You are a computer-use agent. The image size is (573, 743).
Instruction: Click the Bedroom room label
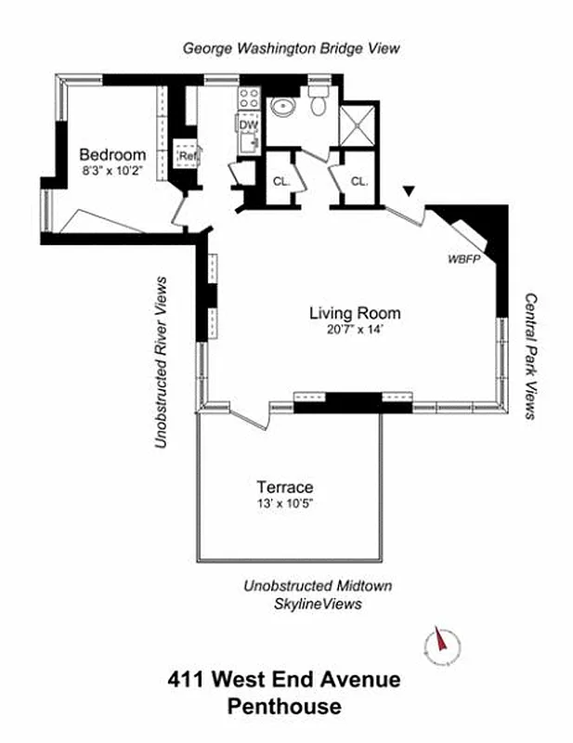(112, 154)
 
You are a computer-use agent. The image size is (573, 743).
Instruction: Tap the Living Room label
(355, 313)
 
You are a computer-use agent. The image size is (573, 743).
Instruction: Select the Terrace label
(284, 487)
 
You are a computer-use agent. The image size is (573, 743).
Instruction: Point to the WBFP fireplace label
(462, 259)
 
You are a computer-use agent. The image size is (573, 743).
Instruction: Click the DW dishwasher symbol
(248, 125)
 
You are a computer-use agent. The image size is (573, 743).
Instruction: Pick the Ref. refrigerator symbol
(189, 155)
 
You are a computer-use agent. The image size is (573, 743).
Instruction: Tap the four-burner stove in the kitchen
(248, 99)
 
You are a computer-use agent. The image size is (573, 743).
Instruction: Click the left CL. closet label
(281, 181)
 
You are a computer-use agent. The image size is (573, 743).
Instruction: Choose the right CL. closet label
(358, 181)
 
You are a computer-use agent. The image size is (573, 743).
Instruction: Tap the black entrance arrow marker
(407, 191)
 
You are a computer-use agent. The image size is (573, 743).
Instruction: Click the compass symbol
(442, 644)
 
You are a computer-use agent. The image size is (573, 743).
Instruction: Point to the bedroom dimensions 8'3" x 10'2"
(112, 170)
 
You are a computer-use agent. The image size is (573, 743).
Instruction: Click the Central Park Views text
(530, 357)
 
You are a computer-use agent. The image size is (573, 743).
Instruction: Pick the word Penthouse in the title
(284, 707)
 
